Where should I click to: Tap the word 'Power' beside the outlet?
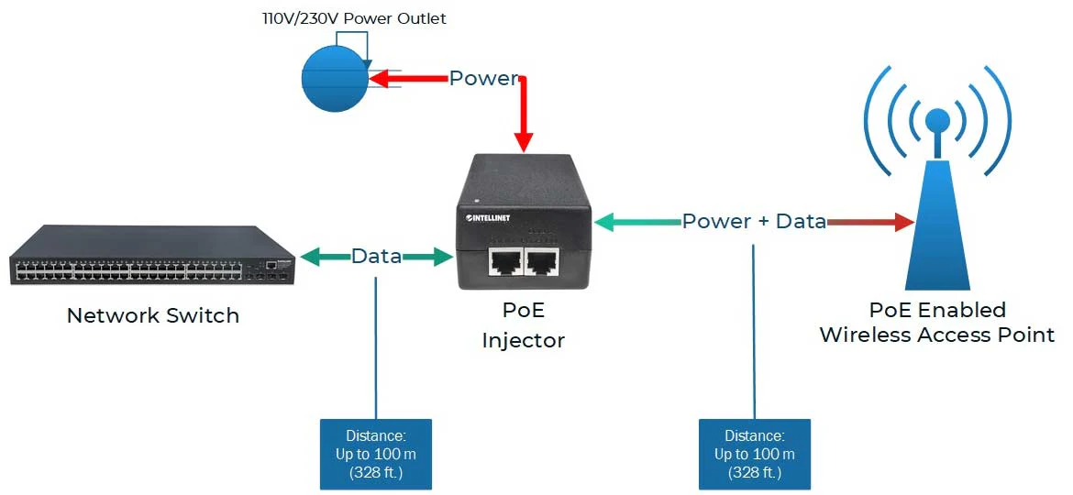(483, 79)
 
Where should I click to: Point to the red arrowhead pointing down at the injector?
(524, 141)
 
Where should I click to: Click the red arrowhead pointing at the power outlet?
(379, 80)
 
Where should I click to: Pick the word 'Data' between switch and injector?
(376, 257)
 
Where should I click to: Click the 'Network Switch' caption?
(153, 316)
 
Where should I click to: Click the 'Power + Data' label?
(754, 221)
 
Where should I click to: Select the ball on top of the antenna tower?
(937, 120)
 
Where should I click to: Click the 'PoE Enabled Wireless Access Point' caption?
(937, 322)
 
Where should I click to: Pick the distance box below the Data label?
(376, 454)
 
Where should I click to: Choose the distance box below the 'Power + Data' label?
(754, 454)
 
